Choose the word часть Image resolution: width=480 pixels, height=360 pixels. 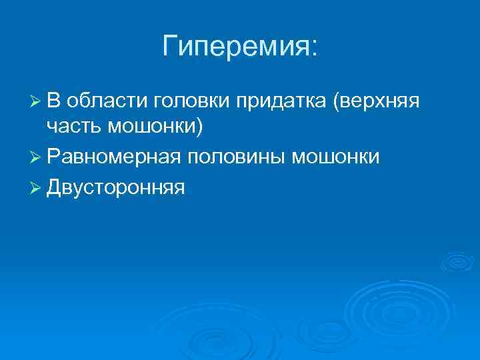75,127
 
